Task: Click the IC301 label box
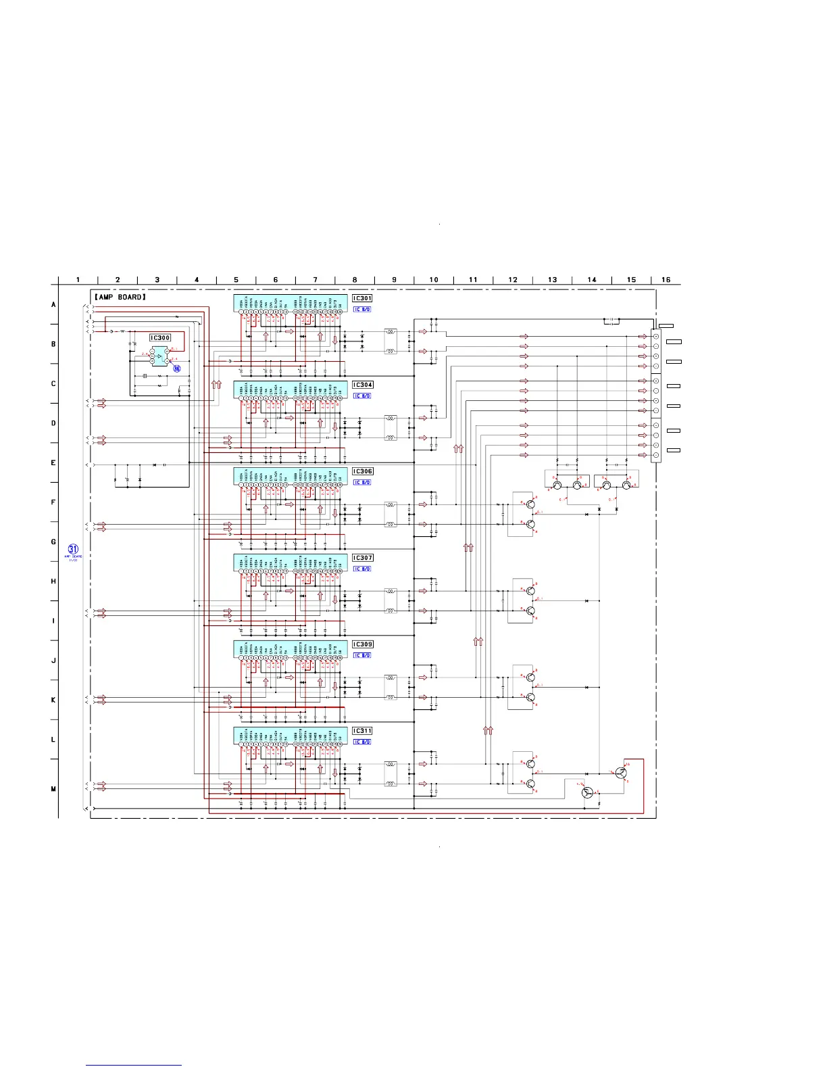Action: pos(362,298)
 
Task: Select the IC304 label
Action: pos(362,385)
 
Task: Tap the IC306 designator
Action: pos(362,471)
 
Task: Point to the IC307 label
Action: pos(362,558)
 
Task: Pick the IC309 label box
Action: pos(362,644)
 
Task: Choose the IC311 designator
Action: pos(362,731)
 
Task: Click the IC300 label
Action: pos(160,337)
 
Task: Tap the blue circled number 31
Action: pos(73,549)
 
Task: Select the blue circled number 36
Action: pos(177,368)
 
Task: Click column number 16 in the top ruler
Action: pos(666,279)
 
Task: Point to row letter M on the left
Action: pos(53,789)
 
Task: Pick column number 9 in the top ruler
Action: pos(394,279)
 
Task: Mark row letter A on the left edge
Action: pos(53,304)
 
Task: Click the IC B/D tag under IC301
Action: pos(362,309)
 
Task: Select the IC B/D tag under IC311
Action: pos(362,742)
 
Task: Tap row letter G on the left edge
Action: pos(53,542)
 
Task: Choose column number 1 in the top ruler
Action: pos(78,279)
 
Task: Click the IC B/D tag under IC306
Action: pos(362,482)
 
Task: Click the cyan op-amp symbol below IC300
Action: pos(159,354)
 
